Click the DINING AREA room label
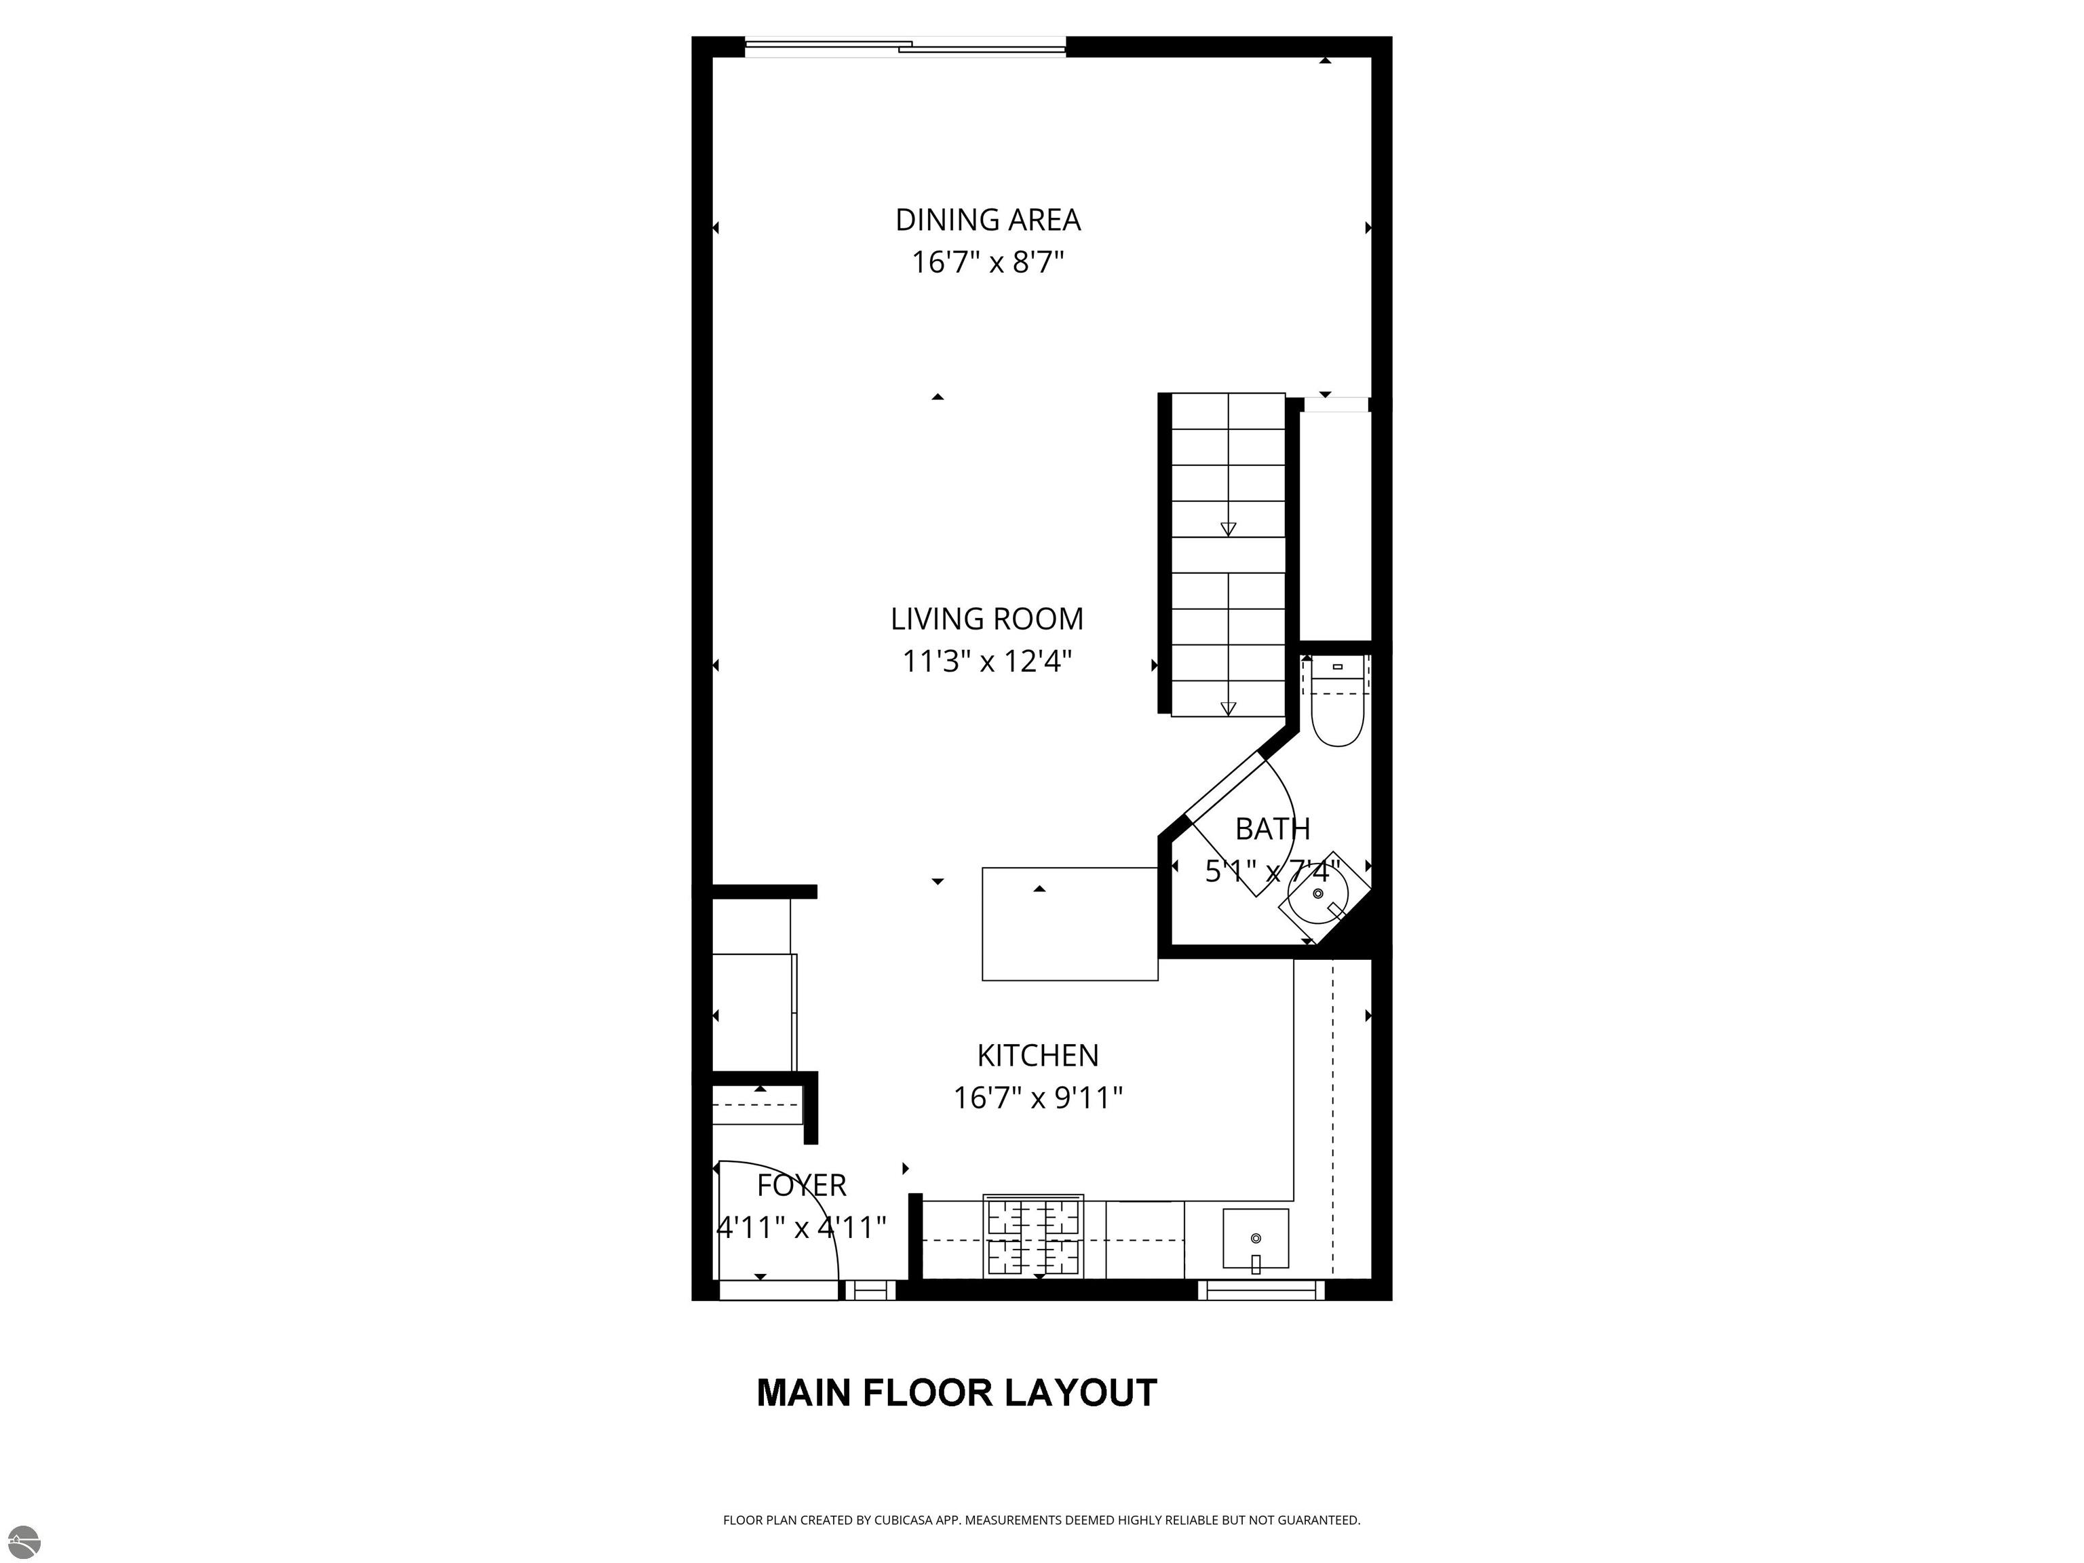[x=987, y=220]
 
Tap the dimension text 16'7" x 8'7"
[x=987, y=262]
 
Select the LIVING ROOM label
[x=987, y=619]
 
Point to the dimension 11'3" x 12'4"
[x=987, y=661]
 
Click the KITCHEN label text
[x=1038, y=1055]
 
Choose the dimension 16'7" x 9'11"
[x=1038, y=1098]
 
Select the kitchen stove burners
[x=1034, y=1236]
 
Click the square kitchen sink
[x=1256, y=1238]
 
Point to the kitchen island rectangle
[x=1069, y=924]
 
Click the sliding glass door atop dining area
[x=906, y=45]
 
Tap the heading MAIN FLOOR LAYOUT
[x=957, y=1393]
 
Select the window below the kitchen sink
[x=1262, y=1290]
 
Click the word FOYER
[x=802, y=1185]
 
